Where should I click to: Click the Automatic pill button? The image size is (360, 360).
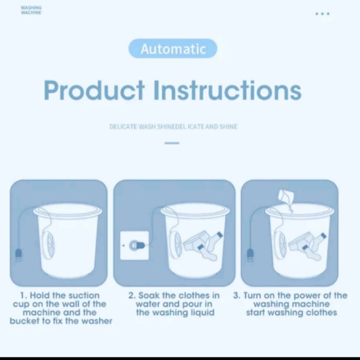coord(173,49)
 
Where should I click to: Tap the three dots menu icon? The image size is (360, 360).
coord(322,14)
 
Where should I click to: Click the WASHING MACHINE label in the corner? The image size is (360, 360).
coord(31,10)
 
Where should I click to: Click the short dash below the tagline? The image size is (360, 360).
coord(171,144)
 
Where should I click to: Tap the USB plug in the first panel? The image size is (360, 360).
coord(18,255)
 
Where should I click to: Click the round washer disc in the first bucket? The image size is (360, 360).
coord(48,245)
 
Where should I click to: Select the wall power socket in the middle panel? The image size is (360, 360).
coord(135,245)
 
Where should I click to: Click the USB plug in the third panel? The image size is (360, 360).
coord(250,256)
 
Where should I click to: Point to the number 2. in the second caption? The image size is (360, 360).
coord(132,296)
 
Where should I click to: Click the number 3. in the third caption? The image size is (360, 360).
coord(237,296)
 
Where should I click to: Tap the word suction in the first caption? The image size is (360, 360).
coord(84,296)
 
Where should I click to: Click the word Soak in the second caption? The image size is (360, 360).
coord(149,296)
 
